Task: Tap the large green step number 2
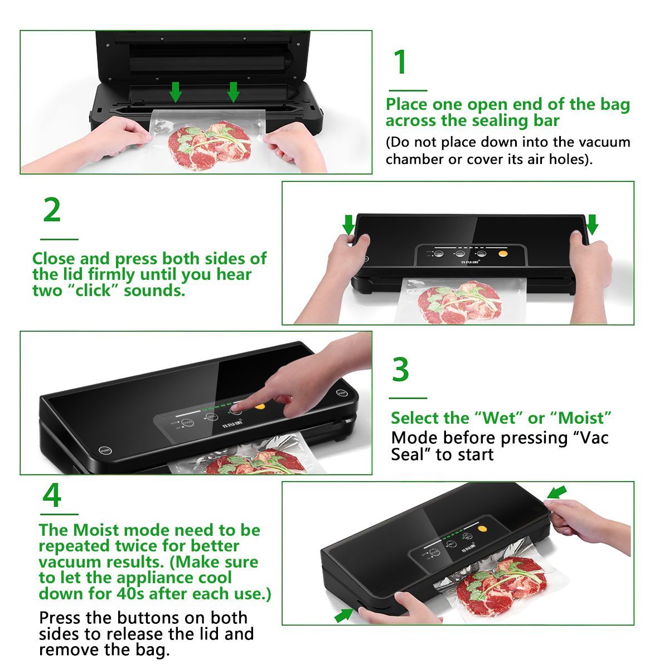coord(52,210)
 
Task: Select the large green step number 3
coord(401,369)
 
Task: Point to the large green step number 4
coord(52,495)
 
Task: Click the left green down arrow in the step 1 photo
coord(176,92)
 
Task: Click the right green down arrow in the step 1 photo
coord(233,92)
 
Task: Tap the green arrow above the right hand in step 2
coord(592,225)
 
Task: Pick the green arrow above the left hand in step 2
coord(348,225)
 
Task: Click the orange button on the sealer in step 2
coord(503,254)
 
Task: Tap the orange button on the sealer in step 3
coord(260,406)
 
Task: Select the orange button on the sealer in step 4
coord(482,529)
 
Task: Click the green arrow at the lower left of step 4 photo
coord(344,615)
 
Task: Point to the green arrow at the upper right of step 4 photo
coord(557,492)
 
